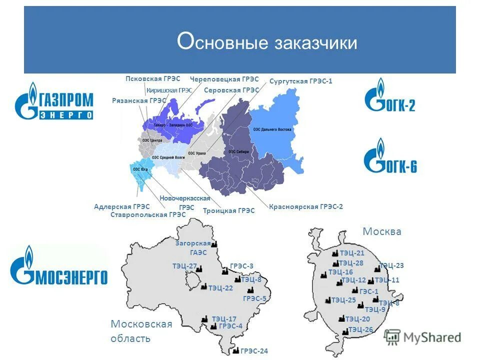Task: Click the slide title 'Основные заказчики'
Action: point(267,42)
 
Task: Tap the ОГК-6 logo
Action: point(390,157)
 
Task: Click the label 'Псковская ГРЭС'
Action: point(149,79)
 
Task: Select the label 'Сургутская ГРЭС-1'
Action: point(300,81)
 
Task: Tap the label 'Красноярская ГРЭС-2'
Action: point(305,206)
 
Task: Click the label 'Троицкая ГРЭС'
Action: point(228,211)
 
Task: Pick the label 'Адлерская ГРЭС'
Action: point(121,206)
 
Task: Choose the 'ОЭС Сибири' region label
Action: point(238,152)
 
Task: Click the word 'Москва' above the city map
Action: point(381,232)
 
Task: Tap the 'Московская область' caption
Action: point(141,331)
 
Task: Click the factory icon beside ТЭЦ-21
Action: point(335,253)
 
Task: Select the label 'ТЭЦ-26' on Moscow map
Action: point(360,329)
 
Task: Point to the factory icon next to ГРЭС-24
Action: point(236,350)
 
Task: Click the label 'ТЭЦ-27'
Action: point(184,266)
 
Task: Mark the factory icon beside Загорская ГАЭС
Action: point(213,244)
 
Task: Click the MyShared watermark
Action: point(423,337)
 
